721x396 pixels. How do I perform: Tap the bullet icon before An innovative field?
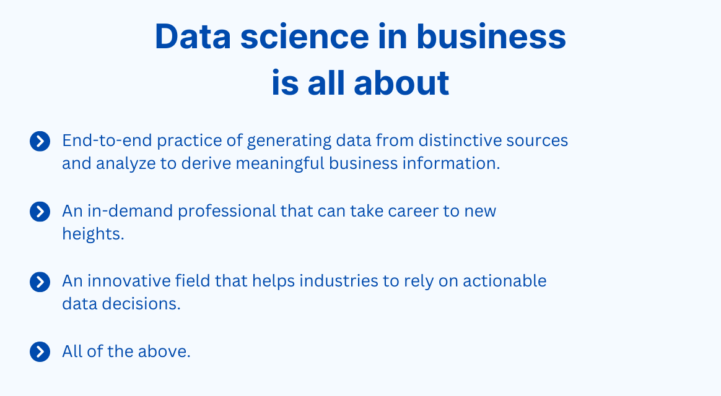click(40, 282)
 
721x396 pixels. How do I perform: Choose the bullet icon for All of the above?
click(40, 352)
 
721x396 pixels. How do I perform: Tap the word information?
click(455, 164)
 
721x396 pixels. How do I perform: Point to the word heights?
click(93, 235)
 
